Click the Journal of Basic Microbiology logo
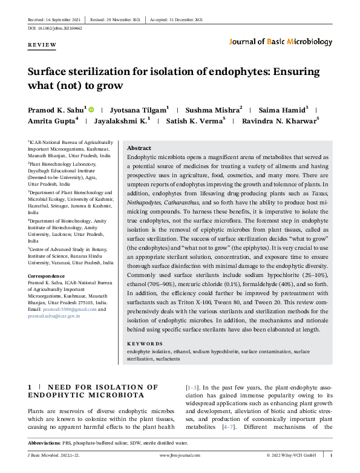point(281,42)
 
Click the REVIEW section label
point(42,45)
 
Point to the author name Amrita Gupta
point(51,121)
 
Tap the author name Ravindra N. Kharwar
point(279,121)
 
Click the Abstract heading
point(139,148)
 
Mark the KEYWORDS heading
point(145,342)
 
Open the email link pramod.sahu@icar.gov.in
point(54,316)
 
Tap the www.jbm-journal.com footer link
point(179,454)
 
